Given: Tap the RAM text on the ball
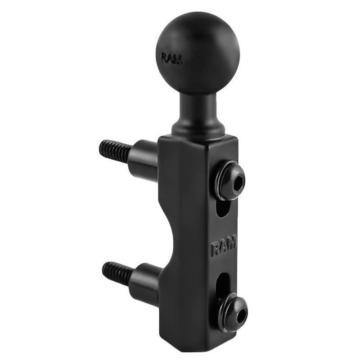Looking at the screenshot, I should pos(172,58).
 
